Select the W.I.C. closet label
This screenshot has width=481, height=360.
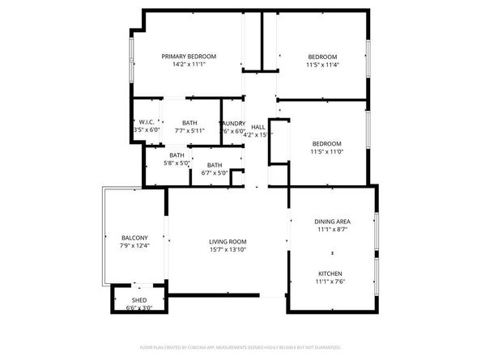147,122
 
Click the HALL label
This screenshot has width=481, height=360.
258,127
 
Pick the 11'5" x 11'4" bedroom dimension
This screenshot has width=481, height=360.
323,65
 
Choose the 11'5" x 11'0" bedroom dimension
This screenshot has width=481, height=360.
326,151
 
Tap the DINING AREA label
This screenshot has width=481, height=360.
332,222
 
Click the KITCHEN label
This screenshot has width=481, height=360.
330,273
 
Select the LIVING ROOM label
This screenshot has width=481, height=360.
228,242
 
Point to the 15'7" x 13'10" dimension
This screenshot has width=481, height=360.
228,250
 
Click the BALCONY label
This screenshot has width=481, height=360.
134,237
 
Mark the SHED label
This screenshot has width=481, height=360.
139,300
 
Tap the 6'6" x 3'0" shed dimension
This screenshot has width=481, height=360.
139,308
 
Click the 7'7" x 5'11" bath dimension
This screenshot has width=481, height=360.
189,130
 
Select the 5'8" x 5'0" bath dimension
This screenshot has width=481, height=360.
177,163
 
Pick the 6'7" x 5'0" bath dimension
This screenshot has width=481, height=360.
215,172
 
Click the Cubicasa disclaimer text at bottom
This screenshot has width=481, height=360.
240,345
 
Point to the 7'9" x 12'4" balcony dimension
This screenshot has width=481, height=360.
134,245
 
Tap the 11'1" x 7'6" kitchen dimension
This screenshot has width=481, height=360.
330,282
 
